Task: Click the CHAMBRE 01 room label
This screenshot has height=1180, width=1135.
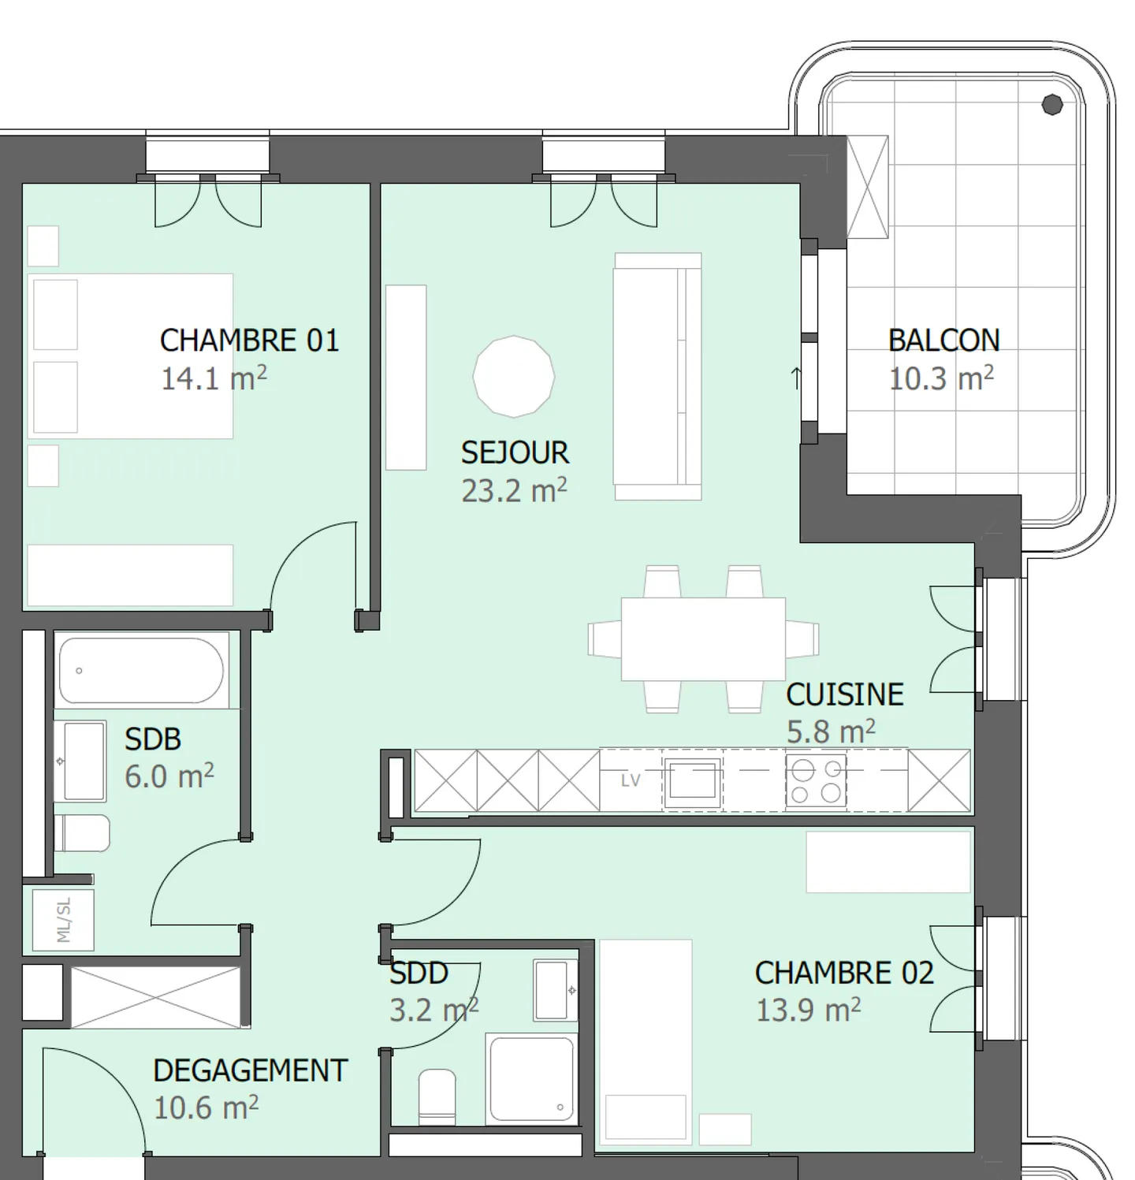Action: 249,341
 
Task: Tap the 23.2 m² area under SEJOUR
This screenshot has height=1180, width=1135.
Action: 514,491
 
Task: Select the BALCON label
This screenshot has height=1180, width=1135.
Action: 943,341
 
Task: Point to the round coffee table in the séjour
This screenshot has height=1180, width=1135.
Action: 514,377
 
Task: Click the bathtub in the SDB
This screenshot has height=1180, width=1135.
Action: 141,670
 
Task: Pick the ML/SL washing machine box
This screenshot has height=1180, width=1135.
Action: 63,920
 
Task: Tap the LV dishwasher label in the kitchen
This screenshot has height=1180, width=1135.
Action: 631,780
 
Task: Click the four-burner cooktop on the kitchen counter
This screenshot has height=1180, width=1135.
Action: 816,781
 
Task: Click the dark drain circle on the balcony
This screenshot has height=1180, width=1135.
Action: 1051,104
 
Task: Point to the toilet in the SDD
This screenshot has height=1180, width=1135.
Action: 437,1096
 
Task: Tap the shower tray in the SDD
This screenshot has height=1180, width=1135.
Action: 530,1079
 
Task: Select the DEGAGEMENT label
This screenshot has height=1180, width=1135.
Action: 250,1070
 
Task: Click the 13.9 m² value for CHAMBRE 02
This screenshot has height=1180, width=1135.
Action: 808,1011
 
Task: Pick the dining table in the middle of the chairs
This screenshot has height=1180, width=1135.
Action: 703,638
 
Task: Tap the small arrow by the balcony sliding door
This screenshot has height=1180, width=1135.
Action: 796,378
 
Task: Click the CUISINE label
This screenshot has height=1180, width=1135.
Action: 844,694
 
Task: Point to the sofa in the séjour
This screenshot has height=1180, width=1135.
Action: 657,377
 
